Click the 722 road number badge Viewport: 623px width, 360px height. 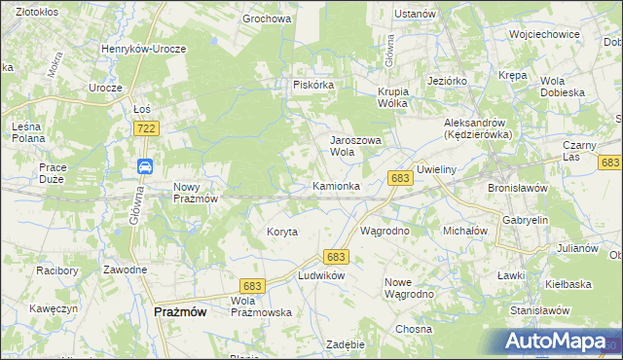146,128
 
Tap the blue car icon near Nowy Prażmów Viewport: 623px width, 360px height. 144,166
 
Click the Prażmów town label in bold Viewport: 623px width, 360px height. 179,311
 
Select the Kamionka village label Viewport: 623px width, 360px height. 337,185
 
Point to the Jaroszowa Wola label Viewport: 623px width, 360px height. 355,146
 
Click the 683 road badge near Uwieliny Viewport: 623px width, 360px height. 399,179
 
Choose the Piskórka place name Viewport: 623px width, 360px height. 314,85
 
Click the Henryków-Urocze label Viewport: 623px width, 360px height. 143,48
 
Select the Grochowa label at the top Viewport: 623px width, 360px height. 267,18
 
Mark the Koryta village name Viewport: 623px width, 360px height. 281,232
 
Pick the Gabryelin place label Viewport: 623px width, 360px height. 526,221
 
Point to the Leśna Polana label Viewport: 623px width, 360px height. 25,132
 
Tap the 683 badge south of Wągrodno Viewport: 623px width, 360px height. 337,256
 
